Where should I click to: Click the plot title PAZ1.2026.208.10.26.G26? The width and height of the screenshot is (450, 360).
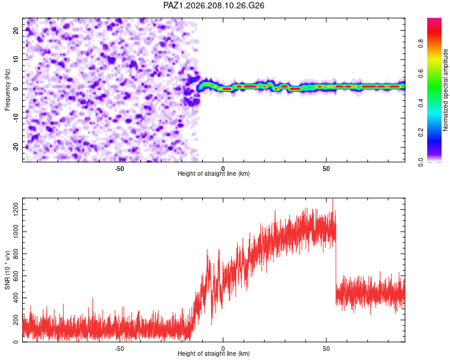214,5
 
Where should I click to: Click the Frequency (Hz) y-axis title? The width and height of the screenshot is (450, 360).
7,90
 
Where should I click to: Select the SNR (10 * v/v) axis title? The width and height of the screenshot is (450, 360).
7,270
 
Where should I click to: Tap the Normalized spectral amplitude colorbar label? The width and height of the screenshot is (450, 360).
445,90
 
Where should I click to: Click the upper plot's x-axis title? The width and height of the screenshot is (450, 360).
214,173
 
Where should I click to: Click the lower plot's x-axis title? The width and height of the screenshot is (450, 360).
214,353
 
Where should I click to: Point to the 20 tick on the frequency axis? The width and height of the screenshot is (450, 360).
16,30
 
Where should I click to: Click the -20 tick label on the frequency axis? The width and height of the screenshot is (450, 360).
16,148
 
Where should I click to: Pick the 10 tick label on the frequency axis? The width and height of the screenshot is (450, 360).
16,59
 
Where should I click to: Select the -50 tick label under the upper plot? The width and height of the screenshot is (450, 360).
119,169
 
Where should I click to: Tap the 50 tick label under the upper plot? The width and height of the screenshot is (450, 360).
326,169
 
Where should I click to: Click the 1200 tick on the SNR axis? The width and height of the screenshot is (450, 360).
16,210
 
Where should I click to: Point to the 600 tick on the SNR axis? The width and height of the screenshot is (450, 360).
16,276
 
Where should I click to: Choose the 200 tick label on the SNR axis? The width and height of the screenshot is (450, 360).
16,320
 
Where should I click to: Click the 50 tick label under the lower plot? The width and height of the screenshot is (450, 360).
326,349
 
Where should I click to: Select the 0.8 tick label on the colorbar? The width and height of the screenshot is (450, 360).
421,44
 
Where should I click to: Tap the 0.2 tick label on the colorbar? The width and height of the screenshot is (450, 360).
421,133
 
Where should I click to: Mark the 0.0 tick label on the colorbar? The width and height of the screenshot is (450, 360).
421,162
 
